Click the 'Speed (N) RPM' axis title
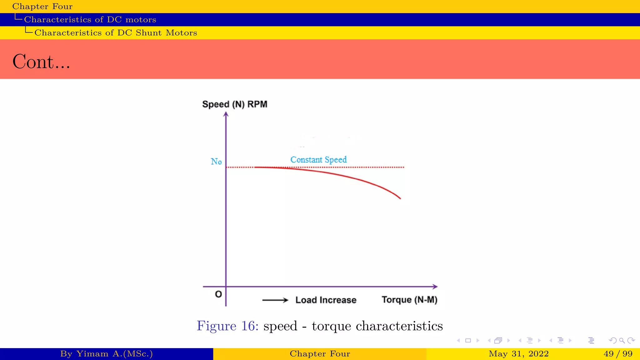tap(235, 104)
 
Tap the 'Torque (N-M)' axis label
tap(409, 300)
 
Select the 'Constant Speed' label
tap(318, 160)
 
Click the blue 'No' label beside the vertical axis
tap(216, 162)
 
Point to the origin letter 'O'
tap(218, 294)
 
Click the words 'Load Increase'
tap(326, 300)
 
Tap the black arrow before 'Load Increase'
tap(275, 300)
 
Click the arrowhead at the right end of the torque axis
tap(435, 286)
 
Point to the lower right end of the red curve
tap(400, 198)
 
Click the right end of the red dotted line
tap(403, 167)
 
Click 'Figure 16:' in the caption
tap(227, 326)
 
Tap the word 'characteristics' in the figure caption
tap(399, 326)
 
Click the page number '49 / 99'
tap(618, 354)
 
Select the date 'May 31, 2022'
tap(518, 354)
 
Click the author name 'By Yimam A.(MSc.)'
tap(106, 354)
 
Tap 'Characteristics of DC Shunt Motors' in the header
tap(116, 33)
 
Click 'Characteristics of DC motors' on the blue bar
tap(90, 20)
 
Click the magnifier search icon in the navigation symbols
tap(622, 340)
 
